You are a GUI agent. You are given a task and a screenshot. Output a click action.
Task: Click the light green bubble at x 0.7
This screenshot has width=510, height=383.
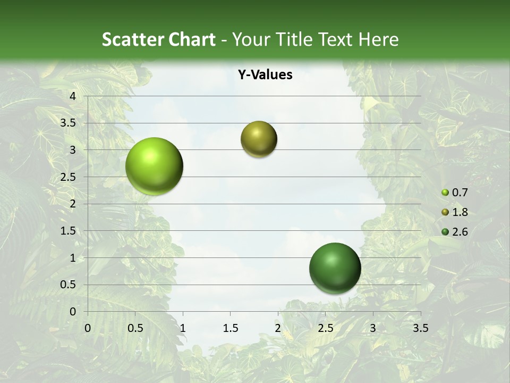coord(154,166)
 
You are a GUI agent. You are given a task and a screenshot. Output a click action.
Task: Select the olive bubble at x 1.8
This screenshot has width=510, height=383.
coord(259,139)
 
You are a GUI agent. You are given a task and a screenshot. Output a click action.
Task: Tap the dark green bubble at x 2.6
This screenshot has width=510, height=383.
coord(335,268)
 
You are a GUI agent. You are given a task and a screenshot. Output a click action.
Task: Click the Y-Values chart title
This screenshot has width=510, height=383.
coord(265,75)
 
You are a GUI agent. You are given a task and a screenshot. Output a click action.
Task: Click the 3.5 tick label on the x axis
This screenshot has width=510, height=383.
coord(420,328)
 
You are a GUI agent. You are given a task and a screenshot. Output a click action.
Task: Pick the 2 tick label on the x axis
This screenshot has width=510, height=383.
coord(277,328)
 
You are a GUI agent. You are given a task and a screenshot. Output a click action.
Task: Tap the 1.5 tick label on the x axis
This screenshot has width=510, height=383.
coord(230,328)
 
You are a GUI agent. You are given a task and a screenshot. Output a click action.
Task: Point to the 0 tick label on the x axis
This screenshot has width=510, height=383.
coord(88,328)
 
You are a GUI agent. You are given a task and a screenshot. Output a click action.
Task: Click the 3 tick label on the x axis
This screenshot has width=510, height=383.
coord(372,328)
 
